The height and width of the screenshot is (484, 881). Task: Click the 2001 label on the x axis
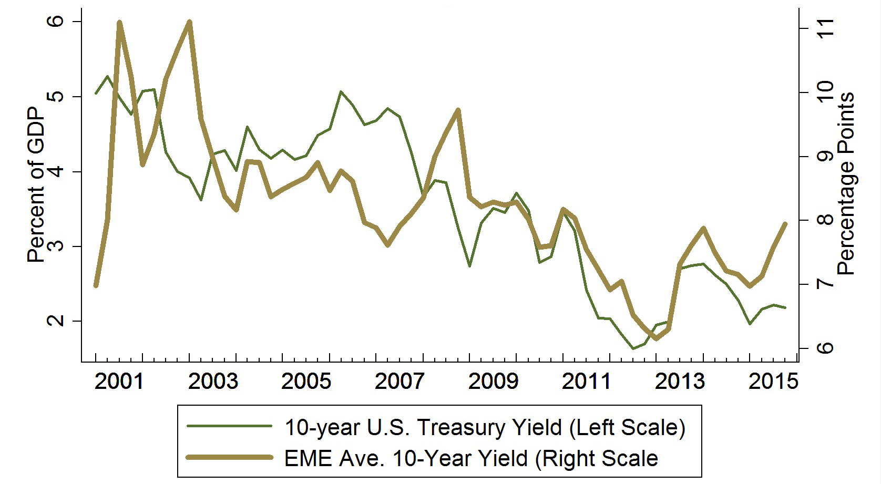(x=119, y=382)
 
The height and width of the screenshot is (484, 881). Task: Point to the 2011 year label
(x=587, y=382)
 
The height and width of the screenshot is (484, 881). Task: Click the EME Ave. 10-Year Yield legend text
(x=471, y=458)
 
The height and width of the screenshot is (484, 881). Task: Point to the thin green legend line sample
(x=230, y=428)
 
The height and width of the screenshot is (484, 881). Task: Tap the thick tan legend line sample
(x=230, y=458)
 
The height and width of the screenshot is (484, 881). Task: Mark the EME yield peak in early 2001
(x=119, y=22)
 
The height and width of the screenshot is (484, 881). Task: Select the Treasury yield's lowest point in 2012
(x=633, y=348)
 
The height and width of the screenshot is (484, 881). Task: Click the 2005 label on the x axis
(x=306, y=382)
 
